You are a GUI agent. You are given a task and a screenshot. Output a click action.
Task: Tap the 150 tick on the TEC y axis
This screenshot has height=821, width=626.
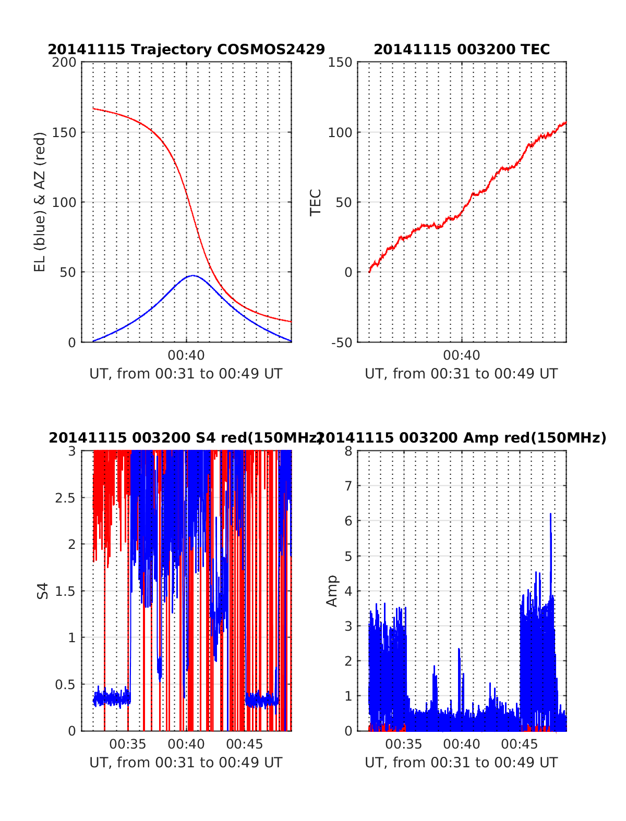(340, 63)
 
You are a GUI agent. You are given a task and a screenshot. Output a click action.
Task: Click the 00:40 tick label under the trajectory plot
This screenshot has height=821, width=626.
(186, 356)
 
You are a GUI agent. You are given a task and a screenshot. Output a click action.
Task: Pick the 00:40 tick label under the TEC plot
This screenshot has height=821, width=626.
(462, 356)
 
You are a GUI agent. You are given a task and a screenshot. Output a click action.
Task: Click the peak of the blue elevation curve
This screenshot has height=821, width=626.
(193, 275)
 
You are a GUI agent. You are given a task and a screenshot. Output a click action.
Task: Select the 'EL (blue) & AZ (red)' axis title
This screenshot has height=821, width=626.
(40, 202)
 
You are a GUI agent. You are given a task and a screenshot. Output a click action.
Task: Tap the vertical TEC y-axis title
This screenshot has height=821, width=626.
(316, 202)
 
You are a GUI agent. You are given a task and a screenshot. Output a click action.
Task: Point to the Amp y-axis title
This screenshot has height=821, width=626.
(332, 591)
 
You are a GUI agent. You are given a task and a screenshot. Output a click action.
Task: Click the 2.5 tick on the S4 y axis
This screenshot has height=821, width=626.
(66, 498)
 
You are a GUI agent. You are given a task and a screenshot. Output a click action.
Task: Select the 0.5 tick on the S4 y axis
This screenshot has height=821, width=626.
(66, 684)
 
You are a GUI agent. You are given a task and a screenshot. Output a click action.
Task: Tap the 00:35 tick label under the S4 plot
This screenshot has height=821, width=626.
(128, 744)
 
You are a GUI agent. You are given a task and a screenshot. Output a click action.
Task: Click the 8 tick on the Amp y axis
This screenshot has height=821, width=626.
(348, 451)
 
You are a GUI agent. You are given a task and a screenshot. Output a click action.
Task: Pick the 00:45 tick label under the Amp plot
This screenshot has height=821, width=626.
(520, 744)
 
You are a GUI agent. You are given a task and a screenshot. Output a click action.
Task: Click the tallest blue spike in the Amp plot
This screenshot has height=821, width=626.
(550, 515)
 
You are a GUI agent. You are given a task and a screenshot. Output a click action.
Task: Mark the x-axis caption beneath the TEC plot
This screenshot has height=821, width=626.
(461, 374)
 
